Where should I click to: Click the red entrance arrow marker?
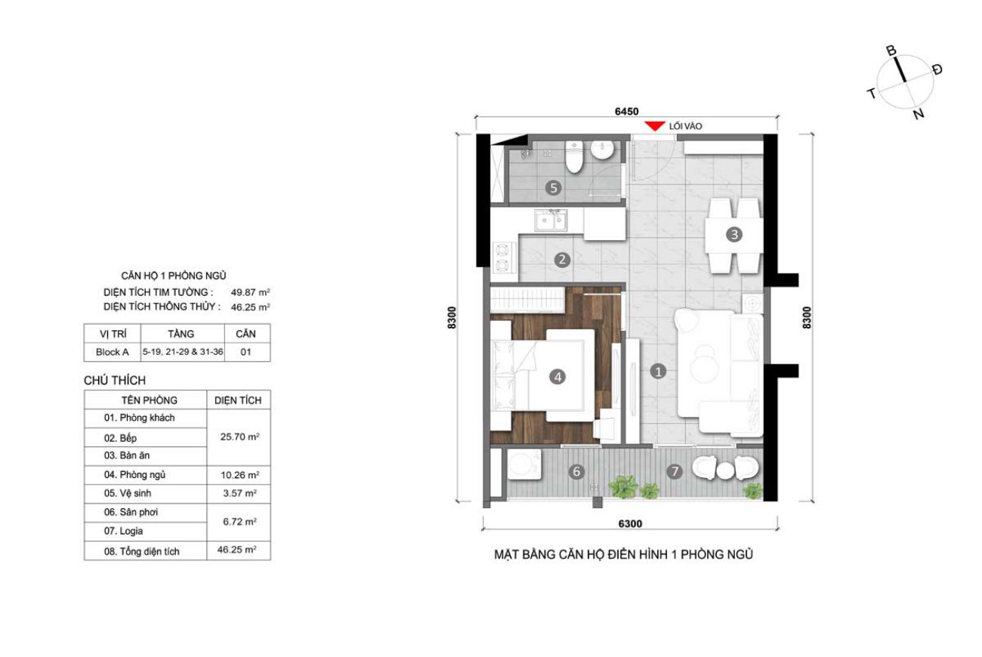655,126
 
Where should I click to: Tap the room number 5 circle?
554,188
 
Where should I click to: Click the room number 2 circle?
562,260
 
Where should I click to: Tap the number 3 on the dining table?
734,235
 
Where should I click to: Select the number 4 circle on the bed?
557,377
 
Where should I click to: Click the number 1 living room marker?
658,372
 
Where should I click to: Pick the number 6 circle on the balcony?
576,471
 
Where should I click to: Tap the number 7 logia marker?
675,471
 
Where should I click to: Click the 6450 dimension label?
626,112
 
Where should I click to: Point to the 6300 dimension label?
630,524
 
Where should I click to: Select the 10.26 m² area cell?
239,475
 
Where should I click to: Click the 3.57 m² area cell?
239,494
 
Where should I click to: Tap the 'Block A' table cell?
113,352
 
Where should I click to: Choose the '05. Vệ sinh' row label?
128,494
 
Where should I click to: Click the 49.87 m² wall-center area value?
250,292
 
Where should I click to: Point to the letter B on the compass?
891,51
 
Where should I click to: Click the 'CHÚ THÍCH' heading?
115,381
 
